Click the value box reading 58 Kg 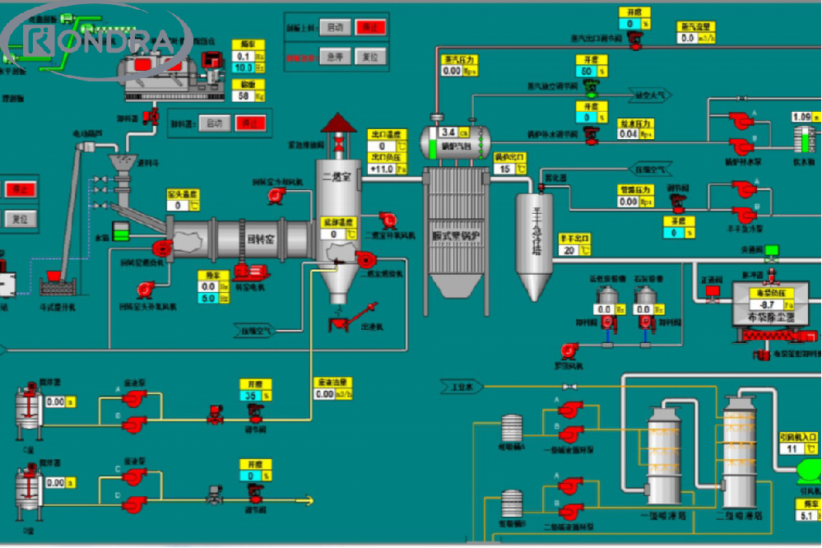[244, 95]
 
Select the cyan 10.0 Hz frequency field [244, 67]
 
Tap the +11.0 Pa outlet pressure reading [383, 170]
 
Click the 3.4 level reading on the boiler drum [448, 132]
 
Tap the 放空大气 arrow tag [651, 95]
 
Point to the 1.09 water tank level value [801, 118]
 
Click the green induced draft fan [809, 471]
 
